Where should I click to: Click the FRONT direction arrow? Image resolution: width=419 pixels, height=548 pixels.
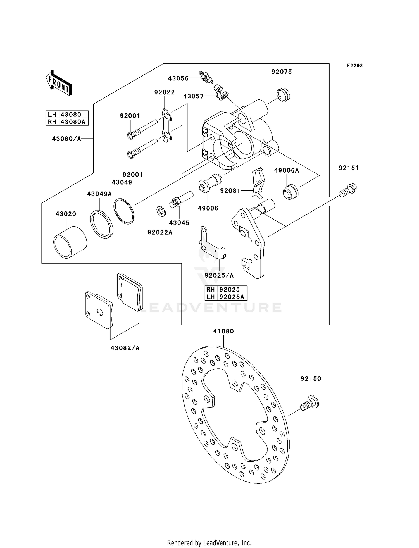(59, 83)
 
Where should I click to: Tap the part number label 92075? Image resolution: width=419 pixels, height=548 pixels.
(282, 72)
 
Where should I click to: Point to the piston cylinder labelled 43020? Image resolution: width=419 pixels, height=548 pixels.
(70, 242)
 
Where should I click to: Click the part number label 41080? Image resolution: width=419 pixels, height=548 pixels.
(223, 331)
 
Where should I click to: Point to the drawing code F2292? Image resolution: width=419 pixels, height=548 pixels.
(355, 66)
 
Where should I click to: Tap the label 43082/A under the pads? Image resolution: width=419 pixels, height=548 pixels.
(125, 348)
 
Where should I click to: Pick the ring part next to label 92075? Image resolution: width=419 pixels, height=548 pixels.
(284, 94)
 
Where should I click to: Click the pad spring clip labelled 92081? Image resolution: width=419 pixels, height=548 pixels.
(258, 183)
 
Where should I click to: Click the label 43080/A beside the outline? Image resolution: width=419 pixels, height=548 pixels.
(66, 139)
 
